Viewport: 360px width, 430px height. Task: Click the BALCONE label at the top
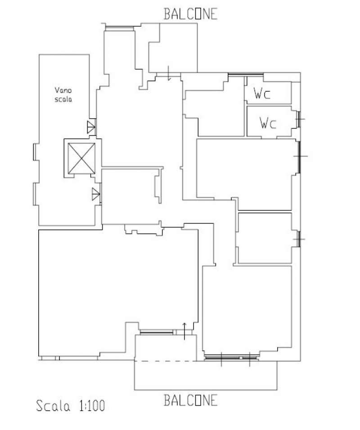click(x=191, y=14)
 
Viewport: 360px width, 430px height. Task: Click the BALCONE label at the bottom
click(x=191, y=400)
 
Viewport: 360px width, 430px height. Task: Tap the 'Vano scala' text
click(x=63, y=94)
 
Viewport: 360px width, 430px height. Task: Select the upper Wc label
click(x=262, y=94)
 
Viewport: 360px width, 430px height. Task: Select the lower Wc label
click(x=268, y=123)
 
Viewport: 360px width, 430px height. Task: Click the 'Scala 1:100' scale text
click(x=71, y=406)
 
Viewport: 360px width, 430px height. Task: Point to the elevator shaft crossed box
click(x=81, y=158)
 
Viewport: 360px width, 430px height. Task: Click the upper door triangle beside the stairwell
click(x=91, y=127)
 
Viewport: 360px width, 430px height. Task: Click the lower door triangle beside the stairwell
click(x=96, y=194)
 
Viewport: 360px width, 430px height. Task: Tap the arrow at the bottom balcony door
click(x=184, y=331)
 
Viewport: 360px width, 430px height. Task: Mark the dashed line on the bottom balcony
click(x=166, y=361)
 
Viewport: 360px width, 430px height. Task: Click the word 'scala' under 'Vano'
click(x=63, y=99)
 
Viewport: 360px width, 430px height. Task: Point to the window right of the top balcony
click(x=246, y=74)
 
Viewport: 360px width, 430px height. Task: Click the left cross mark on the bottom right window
click(x=221, y=359)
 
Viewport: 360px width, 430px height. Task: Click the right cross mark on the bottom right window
click(x=249, y=359)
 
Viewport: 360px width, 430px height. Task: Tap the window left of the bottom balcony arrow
click(x=157, y=333)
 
